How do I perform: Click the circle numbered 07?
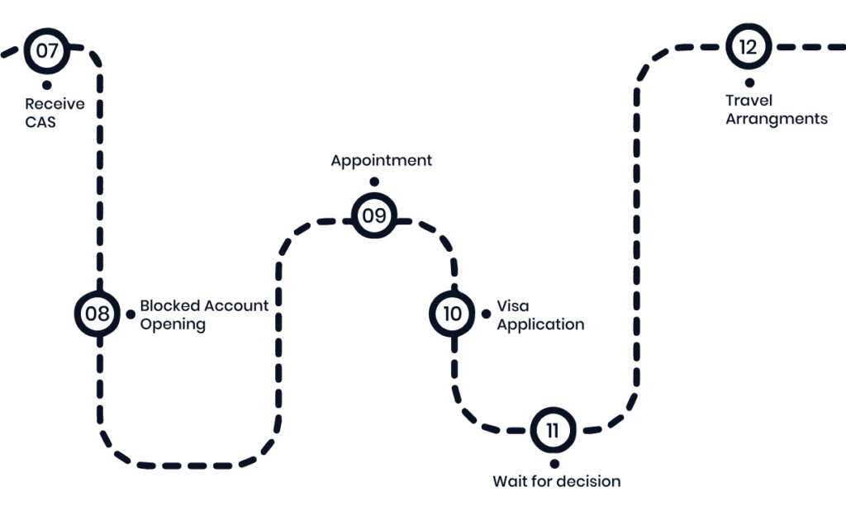click(47, 50)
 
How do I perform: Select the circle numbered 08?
click(97, 314)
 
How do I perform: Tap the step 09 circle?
click(374, 216)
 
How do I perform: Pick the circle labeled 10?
click(452, 314)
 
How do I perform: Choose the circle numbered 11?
click(553, 430)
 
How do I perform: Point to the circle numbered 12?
click(749, 47)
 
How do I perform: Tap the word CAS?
click(41, 123)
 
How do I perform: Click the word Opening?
click(172, 324)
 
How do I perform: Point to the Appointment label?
click(381, 161)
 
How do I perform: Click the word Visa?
click(512, 305)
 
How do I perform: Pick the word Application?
click(539, 324)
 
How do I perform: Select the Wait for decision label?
click(556, 481)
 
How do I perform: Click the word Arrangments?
click(776, 120)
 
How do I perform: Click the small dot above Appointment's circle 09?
click(374, 182)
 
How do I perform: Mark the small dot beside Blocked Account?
click(130, 314)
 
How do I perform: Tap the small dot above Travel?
click(749, 82)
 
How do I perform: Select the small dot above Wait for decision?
click(554, 463)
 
